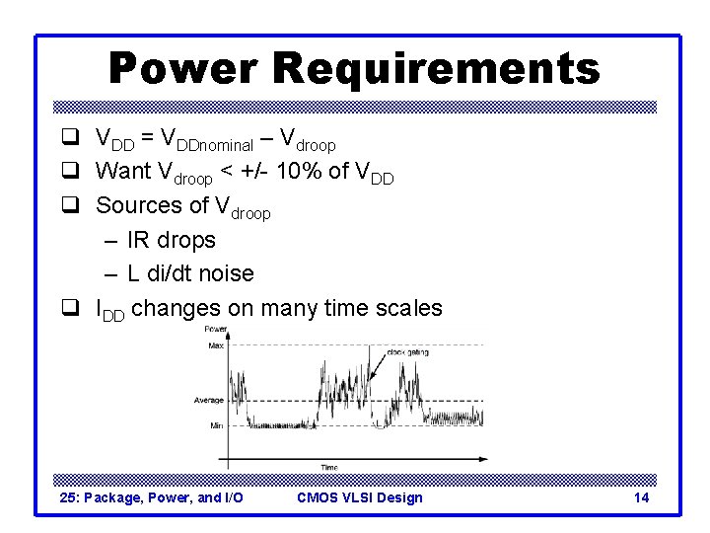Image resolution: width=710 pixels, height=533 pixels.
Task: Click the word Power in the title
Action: coord(183,69)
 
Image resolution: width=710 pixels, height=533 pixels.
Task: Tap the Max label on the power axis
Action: coord(215,344)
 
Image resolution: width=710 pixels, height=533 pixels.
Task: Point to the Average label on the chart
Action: coord(208,401)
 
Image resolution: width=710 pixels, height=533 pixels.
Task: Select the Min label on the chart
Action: coord(216,425)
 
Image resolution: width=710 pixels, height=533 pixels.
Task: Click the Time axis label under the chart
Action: coord(328,467)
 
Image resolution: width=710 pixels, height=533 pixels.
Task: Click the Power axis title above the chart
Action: coord(214,329)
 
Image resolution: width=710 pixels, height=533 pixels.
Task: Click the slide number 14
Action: coord(641,497)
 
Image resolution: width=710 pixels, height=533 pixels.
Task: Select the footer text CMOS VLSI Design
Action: coord(359,497)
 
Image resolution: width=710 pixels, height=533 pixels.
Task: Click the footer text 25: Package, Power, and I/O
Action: coord(151,497)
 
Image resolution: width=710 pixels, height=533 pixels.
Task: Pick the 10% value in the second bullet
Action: coord(296,172)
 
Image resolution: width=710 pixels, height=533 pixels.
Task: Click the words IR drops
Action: coord(172,240)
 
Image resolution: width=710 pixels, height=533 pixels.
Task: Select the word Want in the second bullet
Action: coord(123,172)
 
